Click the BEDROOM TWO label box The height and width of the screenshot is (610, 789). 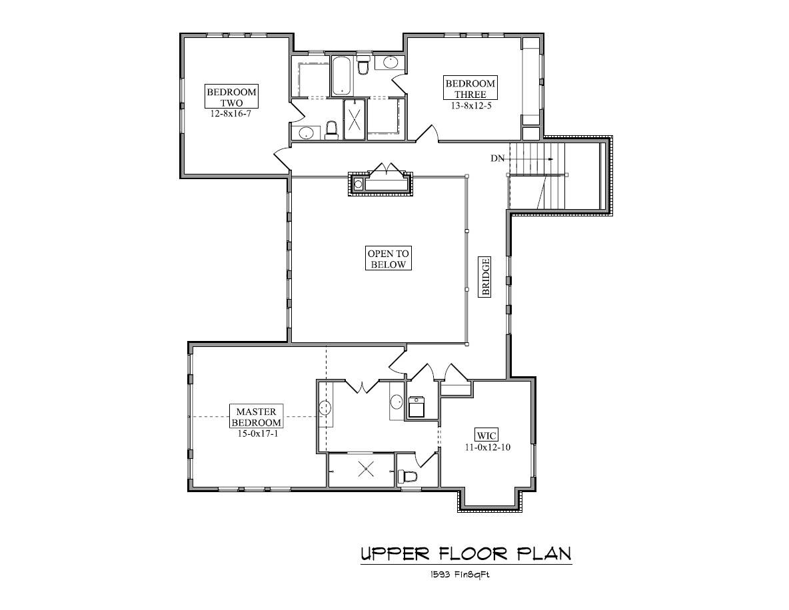[x=231, y=97]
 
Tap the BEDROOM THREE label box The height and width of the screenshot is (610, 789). [x=470, y=88]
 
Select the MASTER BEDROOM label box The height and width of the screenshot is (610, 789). [x=256, y=417]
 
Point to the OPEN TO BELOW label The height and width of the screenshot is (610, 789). [x=389, y=258]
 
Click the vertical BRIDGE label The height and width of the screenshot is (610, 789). [x=486, y=277]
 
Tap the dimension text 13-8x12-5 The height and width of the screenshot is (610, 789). [x=470, y=105]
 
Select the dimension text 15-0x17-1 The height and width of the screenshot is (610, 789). [x=256, y=433]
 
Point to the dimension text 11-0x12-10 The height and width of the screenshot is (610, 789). [x=486, y=448]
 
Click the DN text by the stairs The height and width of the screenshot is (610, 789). [x=497, y=158]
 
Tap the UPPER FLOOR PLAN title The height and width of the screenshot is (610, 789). [x=466, y=553]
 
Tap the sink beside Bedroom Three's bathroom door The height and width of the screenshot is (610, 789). [x=391, y=63]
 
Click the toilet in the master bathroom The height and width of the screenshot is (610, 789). [x=407, y=476]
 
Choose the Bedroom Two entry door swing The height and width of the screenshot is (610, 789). [x=281, y=160]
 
